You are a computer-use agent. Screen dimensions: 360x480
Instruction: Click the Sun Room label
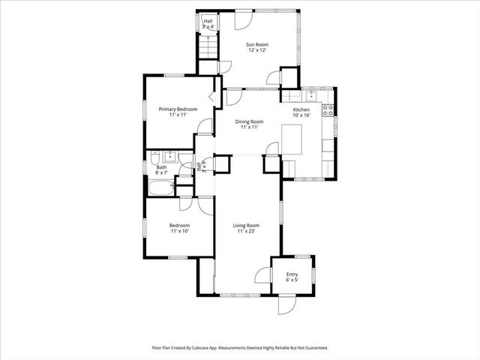(258, 45)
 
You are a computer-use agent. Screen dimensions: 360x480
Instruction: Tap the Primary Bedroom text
(178, 109)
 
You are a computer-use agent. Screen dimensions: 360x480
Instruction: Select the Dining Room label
(250, 121)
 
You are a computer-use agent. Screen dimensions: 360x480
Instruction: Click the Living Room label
(246, 226)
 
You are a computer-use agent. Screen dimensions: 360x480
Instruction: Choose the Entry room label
(292, 274)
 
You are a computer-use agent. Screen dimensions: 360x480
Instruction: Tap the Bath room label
(161, 167)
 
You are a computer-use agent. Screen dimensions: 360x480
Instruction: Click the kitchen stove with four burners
(328, 110)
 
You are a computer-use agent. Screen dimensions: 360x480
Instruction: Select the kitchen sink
(310, 95)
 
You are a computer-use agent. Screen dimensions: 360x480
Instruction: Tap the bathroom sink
(169, 156)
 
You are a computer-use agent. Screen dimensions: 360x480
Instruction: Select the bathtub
(160, 185)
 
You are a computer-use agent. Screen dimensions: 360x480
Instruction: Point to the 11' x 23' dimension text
(246, 232)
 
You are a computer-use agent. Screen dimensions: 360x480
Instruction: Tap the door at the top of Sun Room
(243, 19)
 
